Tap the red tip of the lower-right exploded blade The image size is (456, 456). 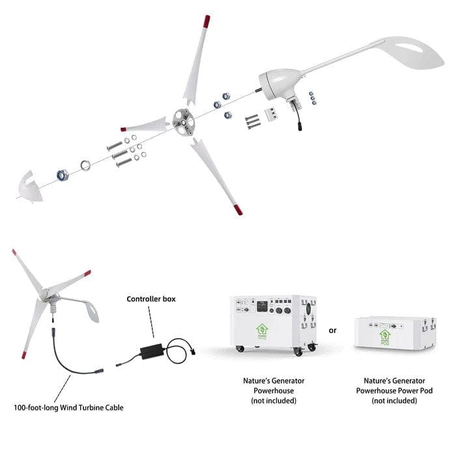[236, 210]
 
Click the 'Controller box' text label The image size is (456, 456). [151, 299]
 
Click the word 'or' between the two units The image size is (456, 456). [333, 330]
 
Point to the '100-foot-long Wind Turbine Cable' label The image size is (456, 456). [68, 407]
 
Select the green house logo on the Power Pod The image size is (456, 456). [386, 335]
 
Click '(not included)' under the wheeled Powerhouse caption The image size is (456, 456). [274, 401]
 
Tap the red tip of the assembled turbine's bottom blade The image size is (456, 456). [24, 356]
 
